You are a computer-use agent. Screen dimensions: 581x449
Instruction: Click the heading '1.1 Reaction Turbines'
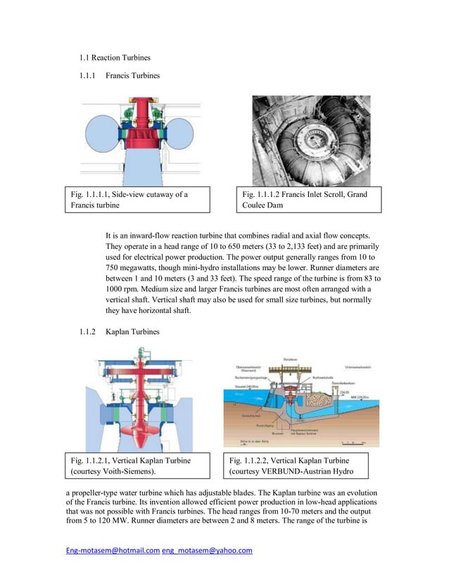[115, 57]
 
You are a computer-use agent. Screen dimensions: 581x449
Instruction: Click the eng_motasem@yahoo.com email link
[207, 551]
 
